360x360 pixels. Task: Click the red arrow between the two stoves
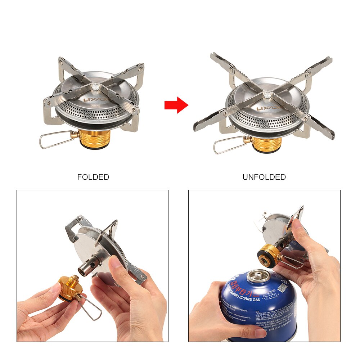point(176,105)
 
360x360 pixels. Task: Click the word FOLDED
point(93,177)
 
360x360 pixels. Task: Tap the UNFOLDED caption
point(264,177)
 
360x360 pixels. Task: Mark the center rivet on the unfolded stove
point(267,95)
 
